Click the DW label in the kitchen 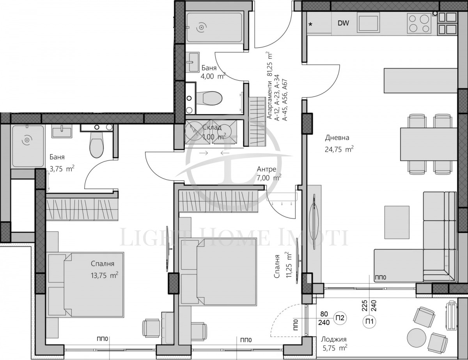point(343,23)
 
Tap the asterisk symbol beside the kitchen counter point(311,25)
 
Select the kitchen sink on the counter point(368,23)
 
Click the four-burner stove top point(419,23)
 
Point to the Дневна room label point(337,138)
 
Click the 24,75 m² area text point(339,148)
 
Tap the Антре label point(266,169)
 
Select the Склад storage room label point(212,127)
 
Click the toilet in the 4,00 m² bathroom point(209,97)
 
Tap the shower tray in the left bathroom point(28,146)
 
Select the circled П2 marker point(340,318)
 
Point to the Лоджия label point(333,339)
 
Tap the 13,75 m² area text point(103,275)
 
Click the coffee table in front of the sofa point(397,222)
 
